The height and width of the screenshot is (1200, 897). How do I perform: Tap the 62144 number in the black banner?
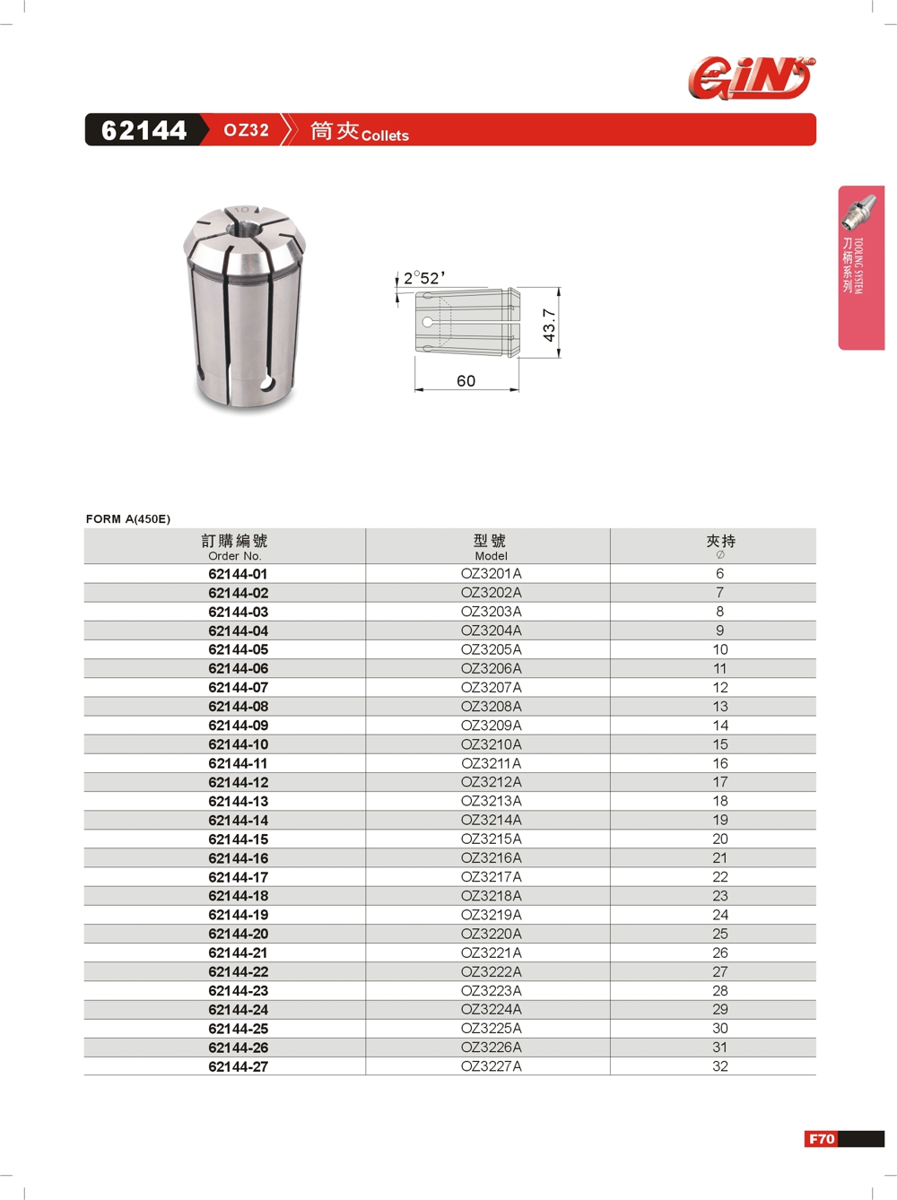pos(144,131)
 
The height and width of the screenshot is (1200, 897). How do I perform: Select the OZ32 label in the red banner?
pos(246,130)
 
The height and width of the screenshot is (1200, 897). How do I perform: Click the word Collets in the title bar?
pos(385,135)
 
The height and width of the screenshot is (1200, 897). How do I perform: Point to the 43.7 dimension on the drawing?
pos(549,324)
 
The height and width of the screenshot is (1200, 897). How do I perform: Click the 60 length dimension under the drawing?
pos(466,381)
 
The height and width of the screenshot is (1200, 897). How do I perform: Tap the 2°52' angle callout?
pos(423,278)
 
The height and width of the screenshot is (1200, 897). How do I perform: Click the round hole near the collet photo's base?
pos(267,385)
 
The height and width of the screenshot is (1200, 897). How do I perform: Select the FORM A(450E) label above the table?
pos(128,518)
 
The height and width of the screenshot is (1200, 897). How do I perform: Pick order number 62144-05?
pos(238,649)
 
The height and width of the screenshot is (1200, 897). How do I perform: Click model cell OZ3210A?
pos(491,744)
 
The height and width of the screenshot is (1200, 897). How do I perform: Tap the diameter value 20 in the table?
pos(720,839)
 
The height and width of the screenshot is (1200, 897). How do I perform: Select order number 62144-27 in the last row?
pos(238,1066)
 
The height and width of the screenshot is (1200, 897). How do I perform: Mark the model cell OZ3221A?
pos(491,952)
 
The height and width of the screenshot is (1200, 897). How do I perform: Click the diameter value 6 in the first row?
pos(719,573)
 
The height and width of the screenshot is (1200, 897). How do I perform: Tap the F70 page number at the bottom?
pos(822,1139)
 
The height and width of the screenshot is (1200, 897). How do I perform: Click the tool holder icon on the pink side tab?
pos(859,212)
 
